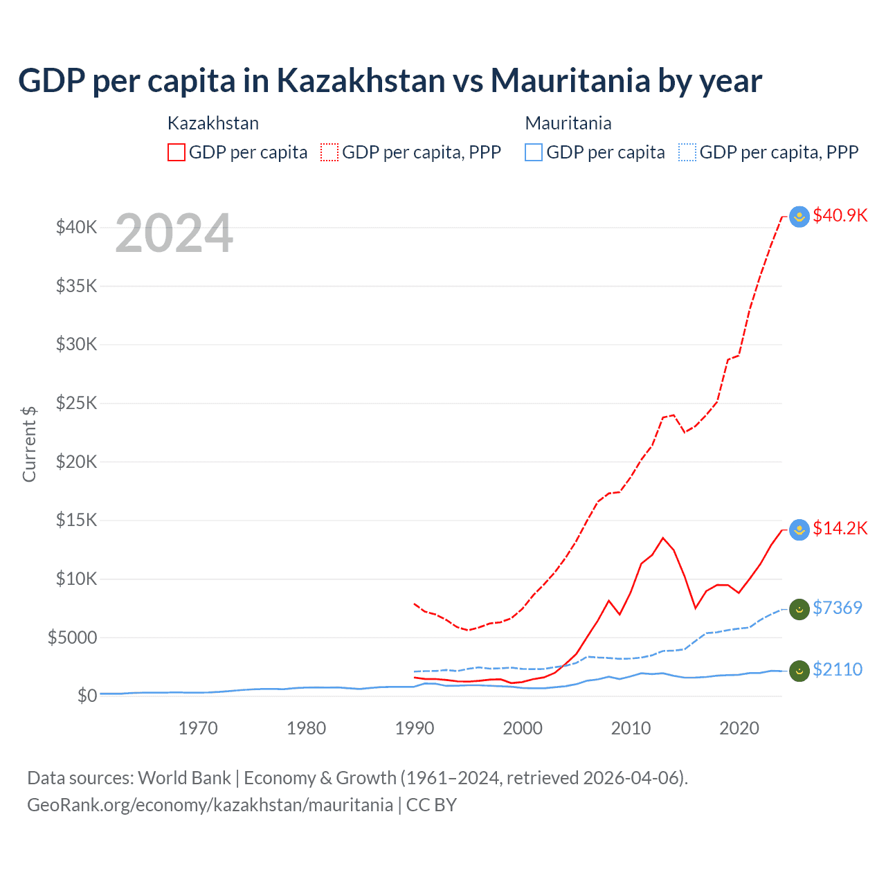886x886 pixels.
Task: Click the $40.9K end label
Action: pos(840,215)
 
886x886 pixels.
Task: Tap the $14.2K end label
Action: pos(840,529)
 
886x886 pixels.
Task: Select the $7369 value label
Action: pos(837,608)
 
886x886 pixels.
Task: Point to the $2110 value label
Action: pos(837,669)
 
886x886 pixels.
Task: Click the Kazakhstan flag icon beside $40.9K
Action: pos(799,217)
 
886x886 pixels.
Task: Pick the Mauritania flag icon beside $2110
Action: pos(799,671)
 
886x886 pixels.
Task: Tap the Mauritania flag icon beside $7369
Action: pos(799,609)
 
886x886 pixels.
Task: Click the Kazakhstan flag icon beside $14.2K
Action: pos(799,530)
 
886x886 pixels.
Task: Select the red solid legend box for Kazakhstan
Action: pos(177,152)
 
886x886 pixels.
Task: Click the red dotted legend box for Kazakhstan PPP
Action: pos(329,152)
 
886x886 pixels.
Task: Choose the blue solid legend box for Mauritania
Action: pos(534,152)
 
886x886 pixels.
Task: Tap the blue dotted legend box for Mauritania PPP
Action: pos(687,152)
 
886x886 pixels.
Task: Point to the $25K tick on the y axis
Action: pos(77,403)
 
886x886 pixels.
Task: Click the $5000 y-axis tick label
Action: pos(73,638)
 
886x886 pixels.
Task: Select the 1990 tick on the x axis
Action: pos(415,728)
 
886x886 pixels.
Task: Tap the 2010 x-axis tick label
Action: pos(631,728)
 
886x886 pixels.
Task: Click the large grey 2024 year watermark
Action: pos(174,233)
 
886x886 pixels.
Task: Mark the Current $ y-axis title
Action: pos(29,444)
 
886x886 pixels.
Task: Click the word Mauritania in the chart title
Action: pos(570,80)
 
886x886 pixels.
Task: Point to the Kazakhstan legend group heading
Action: pos(213,123)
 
